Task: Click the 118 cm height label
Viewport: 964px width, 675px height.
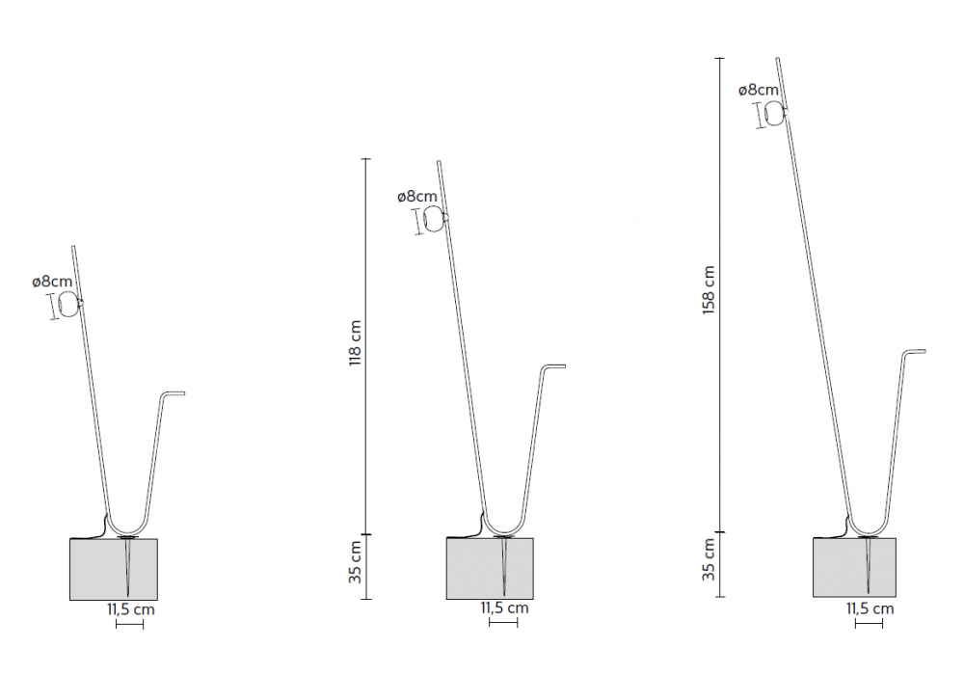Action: click(356, 343)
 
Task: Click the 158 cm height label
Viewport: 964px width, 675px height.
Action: click(709, 290)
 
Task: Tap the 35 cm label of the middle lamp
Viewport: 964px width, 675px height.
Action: click(356, 562)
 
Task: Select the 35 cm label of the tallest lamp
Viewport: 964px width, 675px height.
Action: click(709, 559)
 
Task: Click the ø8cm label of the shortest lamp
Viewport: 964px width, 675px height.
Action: click(52, 282)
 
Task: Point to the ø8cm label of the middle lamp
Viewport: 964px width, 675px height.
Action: click(417, 197)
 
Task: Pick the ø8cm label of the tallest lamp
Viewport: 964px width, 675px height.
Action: click(759, 90)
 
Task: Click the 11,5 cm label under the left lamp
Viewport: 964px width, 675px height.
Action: click(131, 609)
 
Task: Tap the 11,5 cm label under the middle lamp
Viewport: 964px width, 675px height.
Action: click(505, 607)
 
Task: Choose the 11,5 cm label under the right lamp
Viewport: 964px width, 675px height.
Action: click(870, 608)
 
